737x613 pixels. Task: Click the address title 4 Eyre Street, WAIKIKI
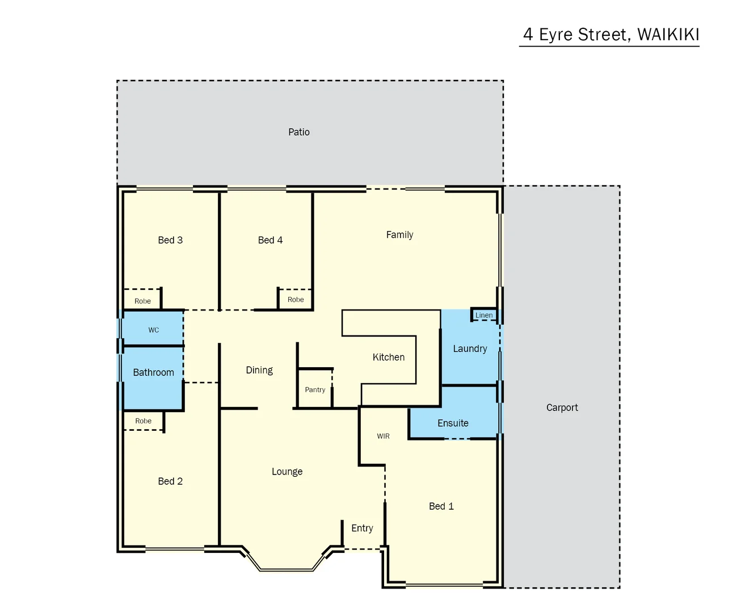(x=610, y=35)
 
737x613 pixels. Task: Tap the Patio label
(x=299, y=132)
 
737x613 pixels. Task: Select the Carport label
(x=562, y=408)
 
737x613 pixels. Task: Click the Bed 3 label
(x=170, y=240)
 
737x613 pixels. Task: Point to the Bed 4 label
(x=270, y=240)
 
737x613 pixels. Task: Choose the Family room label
(x=399, y=235)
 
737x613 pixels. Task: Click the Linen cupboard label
(x=484, y=316)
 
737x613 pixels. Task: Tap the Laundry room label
(x=470, y=349)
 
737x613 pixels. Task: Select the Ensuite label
(x=453, y=423)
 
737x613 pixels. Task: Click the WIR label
(x=383, y=436)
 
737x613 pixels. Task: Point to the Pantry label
(x=315, y=390)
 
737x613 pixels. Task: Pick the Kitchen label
(x=389, y=357)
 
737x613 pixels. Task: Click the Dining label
(x=259, y=370)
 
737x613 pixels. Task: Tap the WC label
(x=154, y=330)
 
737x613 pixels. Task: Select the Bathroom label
(x=153, y=372)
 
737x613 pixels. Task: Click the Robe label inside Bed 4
(x=296, y=300)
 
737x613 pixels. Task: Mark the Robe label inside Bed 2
(x=144, y=421)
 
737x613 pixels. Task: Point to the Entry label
(x=362, y=528)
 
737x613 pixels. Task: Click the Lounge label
(x=287, y=472)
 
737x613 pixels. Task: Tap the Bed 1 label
(x=441, y=506)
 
